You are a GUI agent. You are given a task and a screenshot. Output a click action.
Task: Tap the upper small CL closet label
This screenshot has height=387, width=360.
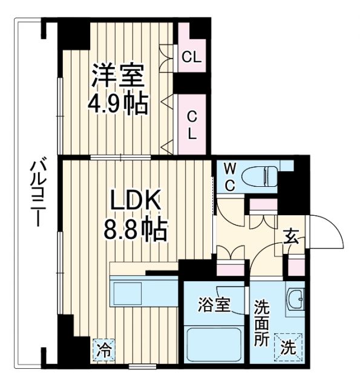click(192, 58)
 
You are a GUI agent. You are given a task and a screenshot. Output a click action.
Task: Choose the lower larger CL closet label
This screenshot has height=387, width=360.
click(192, 124)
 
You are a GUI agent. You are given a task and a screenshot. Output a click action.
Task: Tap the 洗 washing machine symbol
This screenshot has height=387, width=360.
click(289, 347)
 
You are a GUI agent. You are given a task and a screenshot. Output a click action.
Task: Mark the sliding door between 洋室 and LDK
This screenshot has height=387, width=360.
click(121, 158)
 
